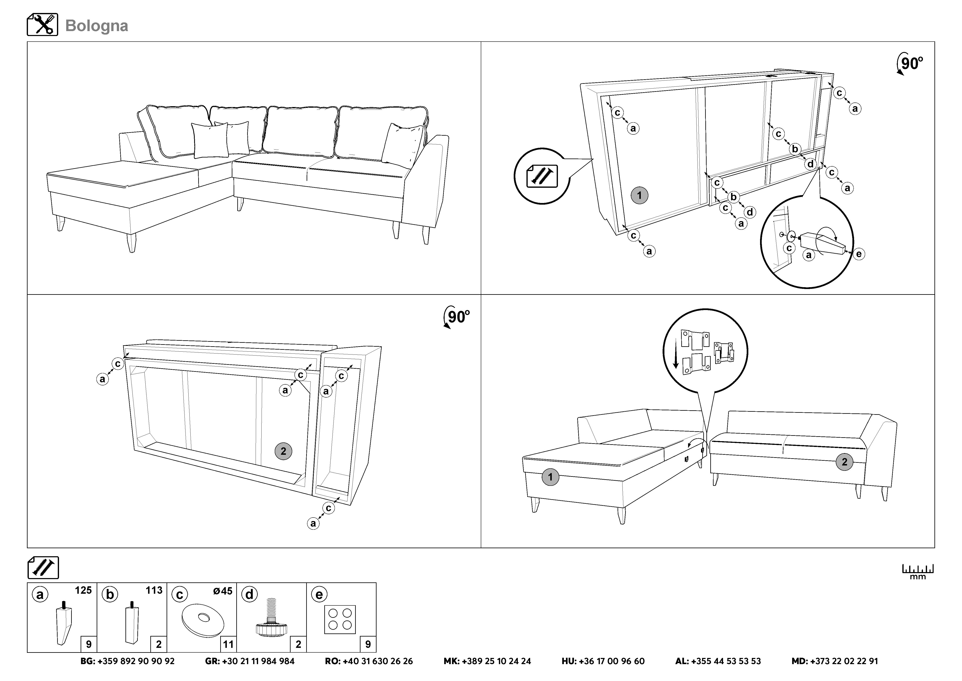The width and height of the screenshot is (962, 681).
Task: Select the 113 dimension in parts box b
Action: [154, 590]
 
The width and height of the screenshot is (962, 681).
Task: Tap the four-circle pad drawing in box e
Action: [340, 619]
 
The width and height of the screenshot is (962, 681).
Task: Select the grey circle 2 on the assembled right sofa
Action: [844, 462]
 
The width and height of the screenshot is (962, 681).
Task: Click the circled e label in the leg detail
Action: [859, 254]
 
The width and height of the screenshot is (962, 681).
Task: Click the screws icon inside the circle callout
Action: [542, 176]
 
